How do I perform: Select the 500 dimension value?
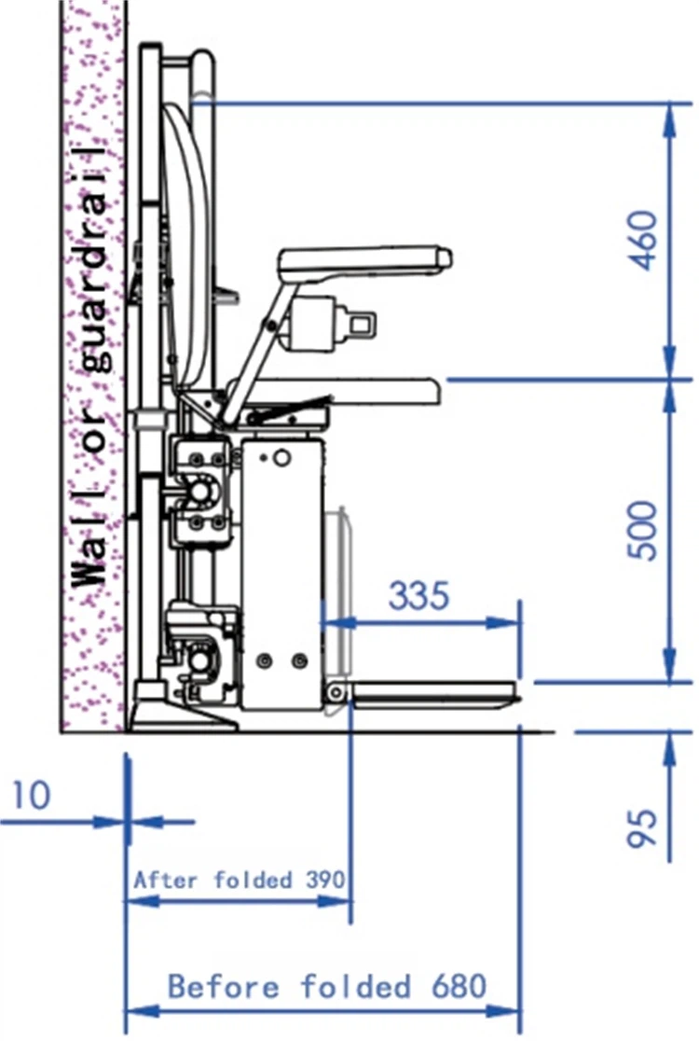point(643,530)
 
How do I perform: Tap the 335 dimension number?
point(418,595)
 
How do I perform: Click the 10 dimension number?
point(31,795)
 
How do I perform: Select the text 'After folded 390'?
point(240,881)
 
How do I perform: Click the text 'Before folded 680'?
point(328,987)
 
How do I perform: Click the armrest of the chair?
point(364,260)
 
